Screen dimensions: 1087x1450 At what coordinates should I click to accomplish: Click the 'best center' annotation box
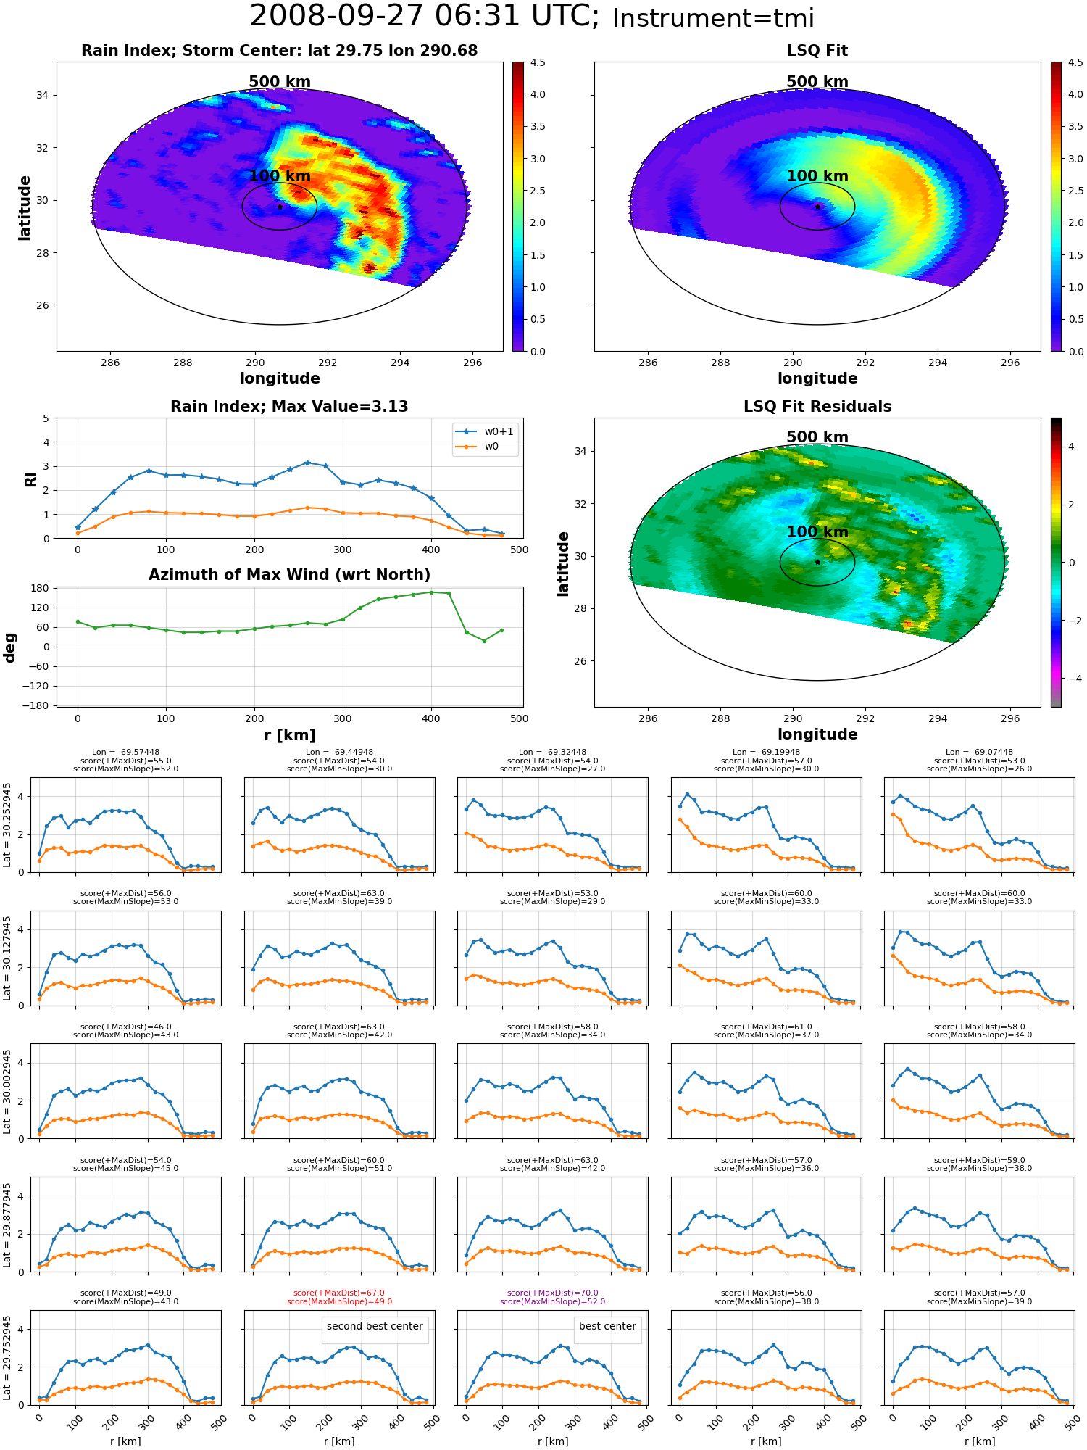coord(607,1327)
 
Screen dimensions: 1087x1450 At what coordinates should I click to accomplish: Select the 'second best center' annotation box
coord(375,1327)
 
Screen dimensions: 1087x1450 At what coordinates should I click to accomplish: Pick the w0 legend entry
coord(486,447)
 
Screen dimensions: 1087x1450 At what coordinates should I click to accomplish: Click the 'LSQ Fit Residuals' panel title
coord(817,407)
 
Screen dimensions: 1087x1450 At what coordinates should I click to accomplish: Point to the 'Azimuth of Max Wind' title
coord(289,575)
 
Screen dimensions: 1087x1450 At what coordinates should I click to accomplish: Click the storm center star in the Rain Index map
coord(280,207)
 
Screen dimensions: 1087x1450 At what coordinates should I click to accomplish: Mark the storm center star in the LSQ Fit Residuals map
coord(817,562)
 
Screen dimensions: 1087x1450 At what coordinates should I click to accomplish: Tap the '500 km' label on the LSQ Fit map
coord(817,82)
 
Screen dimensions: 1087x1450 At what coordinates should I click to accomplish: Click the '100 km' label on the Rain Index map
coord(280,176)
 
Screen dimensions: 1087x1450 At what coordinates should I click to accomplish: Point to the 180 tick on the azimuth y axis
coord(41,588)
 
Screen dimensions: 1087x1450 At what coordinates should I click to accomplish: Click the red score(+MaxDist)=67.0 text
coord(339,1293)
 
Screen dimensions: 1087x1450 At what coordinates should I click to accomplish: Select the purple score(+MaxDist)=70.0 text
coord(553,1293)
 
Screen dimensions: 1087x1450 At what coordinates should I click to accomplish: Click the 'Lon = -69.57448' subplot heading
coord(125,753)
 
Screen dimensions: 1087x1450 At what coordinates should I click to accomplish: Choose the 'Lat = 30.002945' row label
coord(7,1092)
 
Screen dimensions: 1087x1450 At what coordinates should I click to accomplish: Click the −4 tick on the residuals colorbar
coord(1071,679)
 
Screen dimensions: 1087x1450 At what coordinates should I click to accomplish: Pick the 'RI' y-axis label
coord(30,479)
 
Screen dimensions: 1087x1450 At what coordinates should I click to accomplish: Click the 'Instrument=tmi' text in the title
coord(713,19)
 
